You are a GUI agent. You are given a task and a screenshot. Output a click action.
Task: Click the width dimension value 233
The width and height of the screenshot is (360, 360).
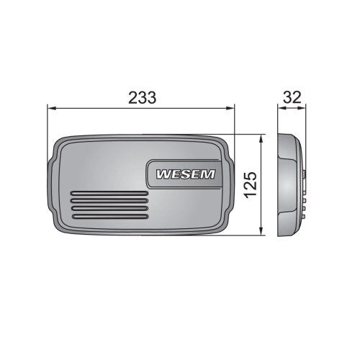pyautogui.click(x=143, y=98)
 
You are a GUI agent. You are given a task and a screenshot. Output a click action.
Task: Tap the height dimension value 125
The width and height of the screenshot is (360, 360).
pyautogui.click(x=251, y=185)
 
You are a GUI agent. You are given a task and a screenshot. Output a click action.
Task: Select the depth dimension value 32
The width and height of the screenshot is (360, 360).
pyautogui.click(x=292, y=98)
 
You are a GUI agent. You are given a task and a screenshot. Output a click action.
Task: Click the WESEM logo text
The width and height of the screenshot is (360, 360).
pyautogui.click(x=186, y=174)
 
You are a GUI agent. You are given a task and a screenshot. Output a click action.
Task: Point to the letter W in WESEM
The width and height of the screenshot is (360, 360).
pyautogui.click(x=163, y=174)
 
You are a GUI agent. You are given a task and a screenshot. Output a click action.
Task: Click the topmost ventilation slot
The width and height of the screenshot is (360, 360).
pyautogui.click(x=109, y=194)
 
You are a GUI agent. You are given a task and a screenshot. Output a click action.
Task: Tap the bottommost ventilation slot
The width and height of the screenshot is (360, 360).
pyautogui.click(x=110, y=217)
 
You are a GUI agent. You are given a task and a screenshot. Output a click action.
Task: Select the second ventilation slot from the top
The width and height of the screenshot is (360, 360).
pyautogui.click(x=109, y=201)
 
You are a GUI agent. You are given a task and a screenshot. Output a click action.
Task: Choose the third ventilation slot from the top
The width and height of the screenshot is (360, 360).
pyautogui.click(x=109, y=209)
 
